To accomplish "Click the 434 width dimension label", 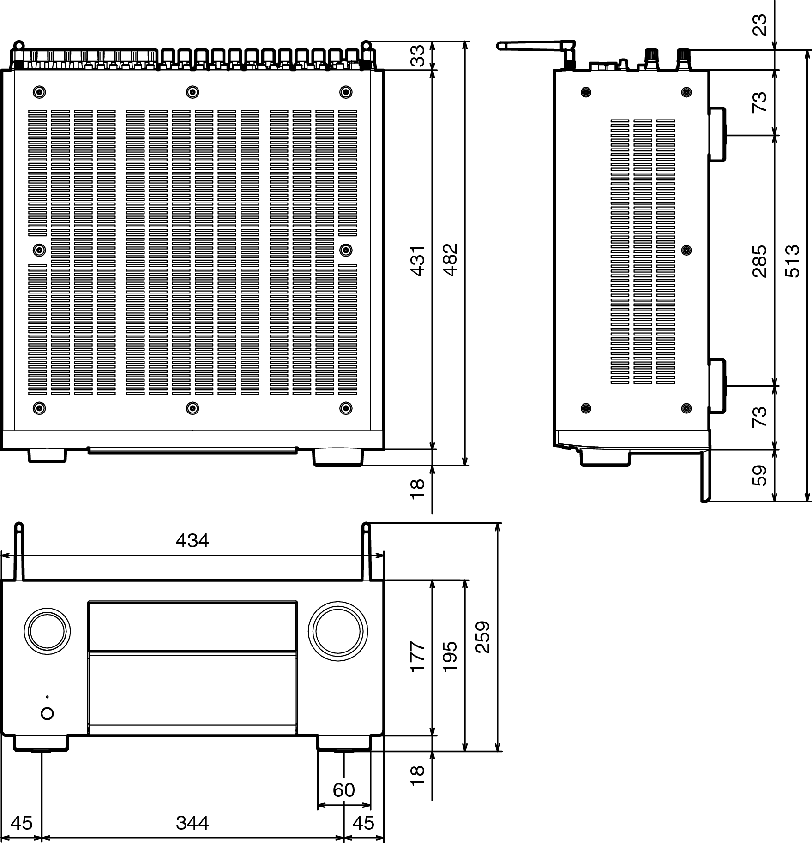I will [x=192, y=540].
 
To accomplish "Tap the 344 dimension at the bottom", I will [x=192, y=822].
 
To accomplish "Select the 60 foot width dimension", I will [x=344, y=790].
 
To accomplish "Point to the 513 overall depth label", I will [x=792, y=261].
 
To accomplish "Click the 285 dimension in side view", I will [x=759, y=261].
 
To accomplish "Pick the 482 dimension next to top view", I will [x=450, y=259].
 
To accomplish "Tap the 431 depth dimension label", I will [x=417, y=261].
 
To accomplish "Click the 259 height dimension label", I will [x=483, y=637].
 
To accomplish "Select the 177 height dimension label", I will [x=417, y=656].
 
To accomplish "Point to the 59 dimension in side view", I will [x=759, y=475].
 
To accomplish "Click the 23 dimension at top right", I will [x=759, y=25].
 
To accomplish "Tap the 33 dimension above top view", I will [x=417, y=56].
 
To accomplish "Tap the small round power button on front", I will [x=47, y=713].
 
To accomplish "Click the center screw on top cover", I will [x=192, y=92].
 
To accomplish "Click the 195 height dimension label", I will [x=450, y=656].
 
